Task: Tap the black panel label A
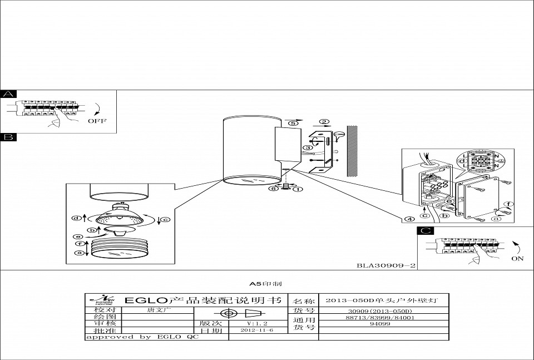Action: point(8,94)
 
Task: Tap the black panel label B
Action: point(8,137)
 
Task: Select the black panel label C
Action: point(424,231)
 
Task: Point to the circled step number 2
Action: point(324,122)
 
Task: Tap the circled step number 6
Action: point(273,189)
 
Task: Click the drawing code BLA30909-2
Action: point(386,265)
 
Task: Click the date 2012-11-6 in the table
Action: point(257,330)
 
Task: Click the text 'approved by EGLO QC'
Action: point(142,337)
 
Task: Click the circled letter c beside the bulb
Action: point(165,219)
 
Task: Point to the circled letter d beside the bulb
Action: point(77,217)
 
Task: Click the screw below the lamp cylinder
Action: point(286,187)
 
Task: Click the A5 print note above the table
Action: point(266,284)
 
